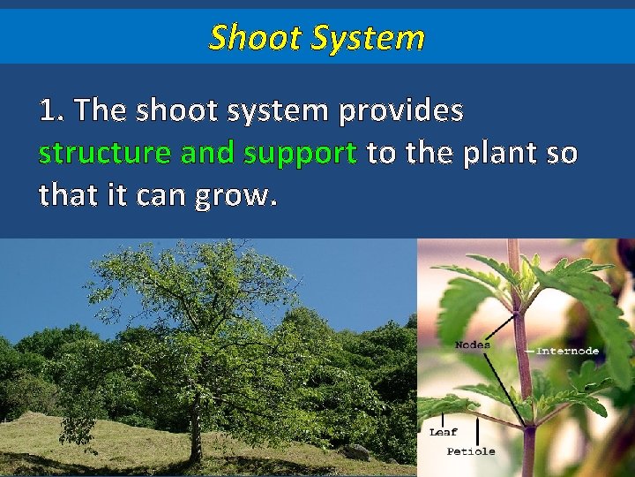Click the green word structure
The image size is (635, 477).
104,154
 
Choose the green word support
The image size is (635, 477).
300,155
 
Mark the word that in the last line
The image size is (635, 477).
66,195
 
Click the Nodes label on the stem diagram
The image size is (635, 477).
472,344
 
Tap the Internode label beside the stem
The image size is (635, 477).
568,351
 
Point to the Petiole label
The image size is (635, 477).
471,451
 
